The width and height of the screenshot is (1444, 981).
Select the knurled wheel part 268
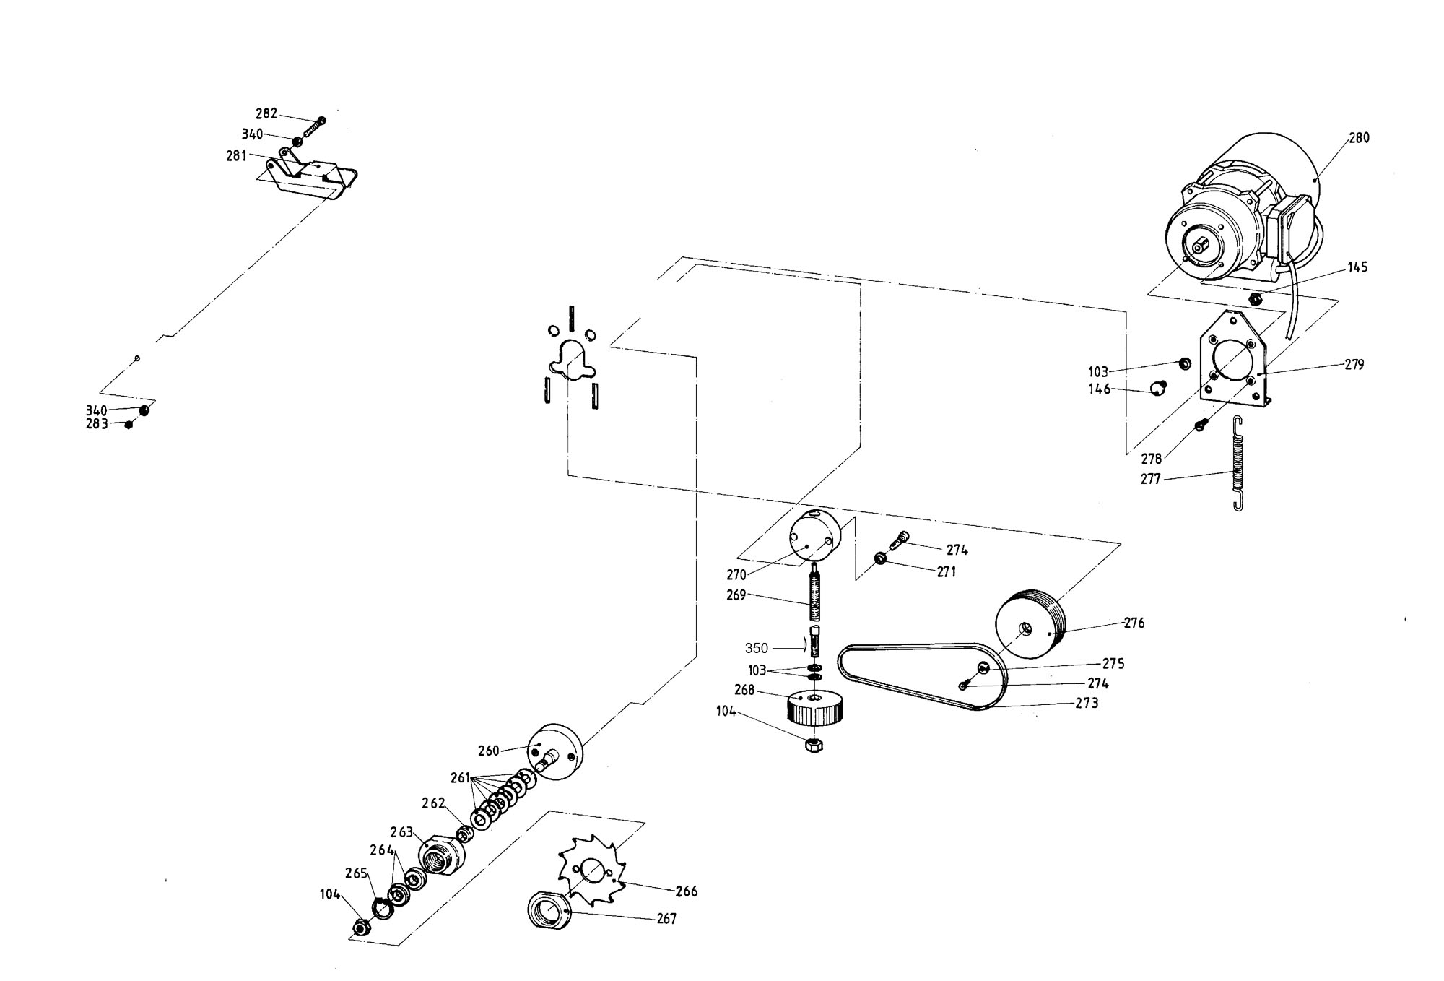coord(815,708)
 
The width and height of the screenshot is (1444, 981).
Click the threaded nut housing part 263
coord(441,854)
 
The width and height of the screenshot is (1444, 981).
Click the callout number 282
coord(266,113)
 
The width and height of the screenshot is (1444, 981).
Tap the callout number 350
coord(757,648)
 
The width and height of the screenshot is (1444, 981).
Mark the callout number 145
coord(1357,267)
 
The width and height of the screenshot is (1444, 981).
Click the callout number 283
coord(97,424)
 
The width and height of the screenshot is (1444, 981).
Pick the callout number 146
coord(1100,390)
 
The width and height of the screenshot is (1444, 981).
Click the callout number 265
coord(357,873)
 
